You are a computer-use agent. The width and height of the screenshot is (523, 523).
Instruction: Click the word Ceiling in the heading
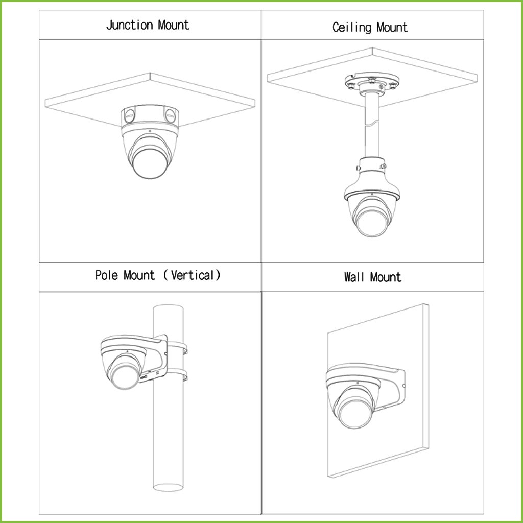[x=351, y=28]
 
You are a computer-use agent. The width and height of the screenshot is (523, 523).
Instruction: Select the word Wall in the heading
[x=354, y=277]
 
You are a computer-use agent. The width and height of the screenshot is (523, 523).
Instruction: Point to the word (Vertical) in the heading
[x=192, y=275]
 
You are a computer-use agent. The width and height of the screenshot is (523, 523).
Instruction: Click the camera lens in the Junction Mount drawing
[x=150, y=163]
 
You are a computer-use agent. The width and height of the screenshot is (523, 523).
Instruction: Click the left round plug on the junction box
[x=129, y=116]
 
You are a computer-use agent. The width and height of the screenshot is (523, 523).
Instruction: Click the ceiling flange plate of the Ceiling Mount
[x=372, y=81]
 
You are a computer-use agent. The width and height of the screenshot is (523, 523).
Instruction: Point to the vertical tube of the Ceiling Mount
[x=372, y=126]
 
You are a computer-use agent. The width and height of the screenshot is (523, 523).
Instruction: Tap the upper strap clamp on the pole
[x=177, y=347]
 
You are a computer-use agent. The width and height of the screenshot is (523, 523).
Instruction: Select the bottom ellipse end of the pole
[x=168, y=487]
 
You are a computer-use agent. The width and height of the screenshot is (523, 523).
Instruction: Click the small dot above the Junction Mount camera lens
[x=150, y=131]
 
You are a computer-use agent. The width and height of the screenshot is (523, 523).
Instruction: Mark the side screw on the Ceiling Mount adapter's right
[x=384, y=166]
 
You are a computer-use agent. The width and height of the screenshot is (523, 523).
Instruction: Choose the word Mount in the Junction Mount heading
[x=174, y=26]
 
